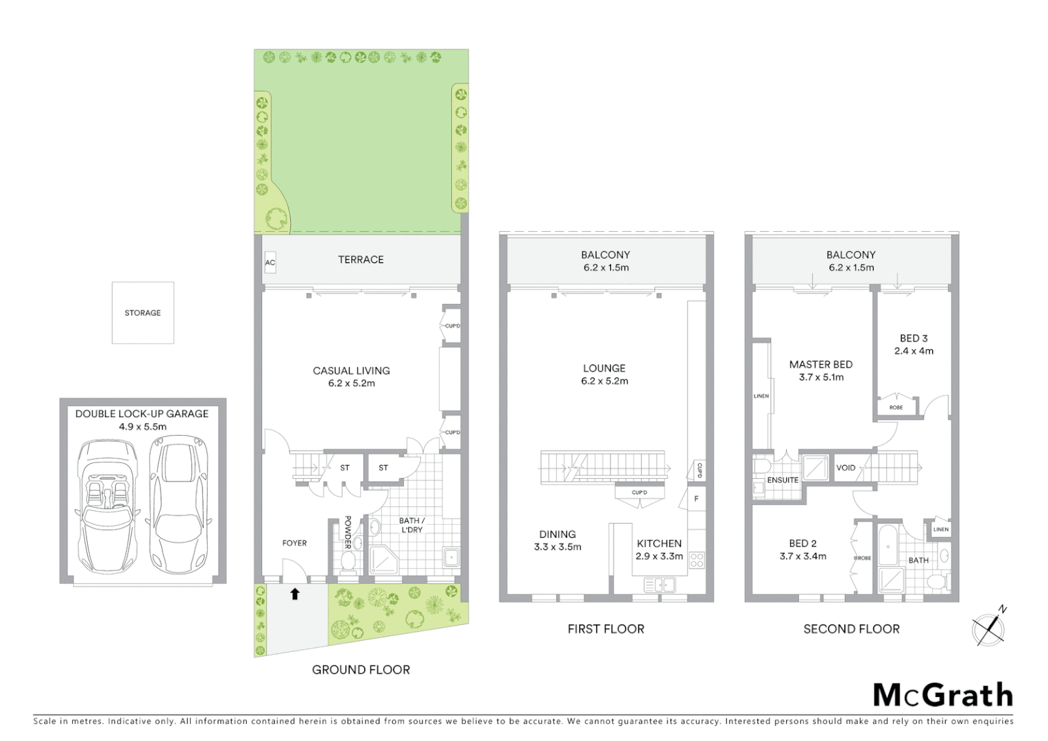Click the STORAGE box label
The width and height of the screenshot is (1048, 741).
tap(143, 313)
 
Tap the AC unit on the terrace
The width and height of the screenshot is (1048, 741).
tap(270, 263)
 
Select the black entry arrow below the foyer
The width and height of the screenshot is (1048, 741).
tap(295, 593)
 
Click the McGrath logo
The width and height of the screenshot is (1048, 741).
tap(943, 695)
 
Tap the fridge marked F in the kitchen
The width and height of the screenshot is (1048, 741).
tap(696, 499)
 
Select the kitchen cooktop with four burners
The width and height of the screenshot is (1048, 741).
tap(697, 560)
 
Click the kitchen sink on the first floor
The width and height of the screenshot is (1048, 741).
tap(660, 585)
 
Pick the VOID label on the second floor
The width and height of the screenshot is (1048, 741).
tap(846, 468)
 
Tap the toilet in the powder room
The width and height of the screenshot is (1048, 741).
tap(348, 563)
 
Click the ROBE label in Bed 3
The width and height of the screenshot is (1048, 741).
tap(896, 408)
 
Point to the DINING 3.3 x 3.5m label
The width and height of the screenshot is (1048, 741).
tap(558, 541)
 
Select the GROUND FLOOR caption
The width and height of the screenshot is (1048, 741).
tap(361, 670)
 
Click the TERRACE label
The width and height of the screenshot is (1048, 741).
tap(361, 259)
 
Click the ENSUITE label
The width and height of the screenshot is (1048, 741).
tap(783, 480)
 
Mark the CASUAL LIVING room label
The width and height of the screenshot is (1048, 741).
tap(351, 377)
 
